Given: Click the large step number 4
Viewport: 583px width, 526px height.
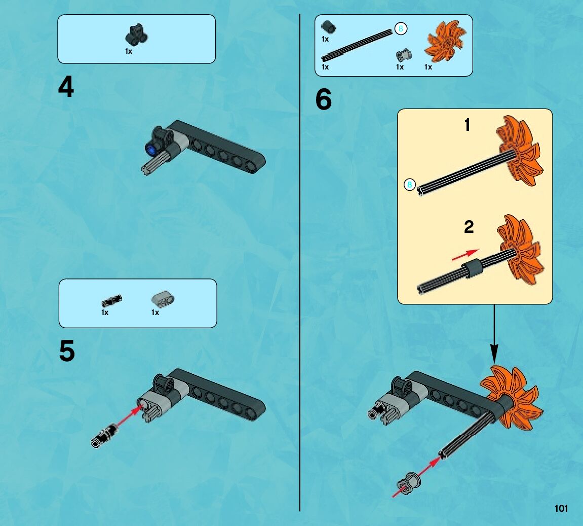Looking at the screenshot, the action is [x=66, y=87].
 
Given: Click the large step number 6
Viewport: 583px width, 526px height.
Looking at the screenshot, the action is [x=324, y=99].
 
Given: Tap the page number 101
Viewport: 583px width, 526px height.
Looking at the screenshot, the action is [x=561, y=508].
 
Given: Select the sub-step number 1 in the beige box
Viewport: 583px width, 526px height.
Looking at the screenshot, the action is [x=468, y=125].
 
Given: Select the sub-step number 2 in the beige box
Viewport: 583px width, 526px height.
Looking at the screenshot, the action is [x=469, y=227].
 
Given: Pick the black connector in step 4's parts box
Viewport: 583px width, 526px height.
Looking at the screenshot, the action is [x=136, y=34].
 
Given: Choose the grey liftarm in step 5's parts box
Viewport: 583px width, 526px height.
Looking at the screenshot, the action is [x=163, y=299].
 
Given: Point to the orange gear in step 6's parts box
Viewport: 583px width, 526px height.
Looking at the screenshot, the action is [x=445, y=41].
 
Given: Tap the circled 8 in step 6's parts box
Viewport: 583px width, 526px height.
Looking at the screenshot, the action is [x=401, y=28].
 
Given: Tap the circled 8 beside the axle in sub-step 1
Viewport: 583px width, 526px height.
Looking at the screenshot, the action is [x=409, y=184].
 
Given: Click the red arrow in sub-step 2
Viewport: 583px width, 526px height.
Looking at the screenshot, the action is [x=465, y=255].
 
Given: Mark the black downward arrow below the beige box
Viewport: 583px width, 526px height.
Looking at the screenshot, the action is [x=494, y=334].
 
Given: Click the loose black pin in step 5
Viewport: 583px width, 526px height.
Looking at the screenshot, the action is [x=105, y=436].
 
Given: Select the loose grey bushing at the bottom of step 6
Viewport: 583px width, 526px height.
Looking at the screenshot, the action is [x=408, y=483].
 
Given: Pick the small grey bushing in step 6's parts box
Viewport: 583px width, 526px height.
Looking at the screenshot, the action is [x=403, y=55].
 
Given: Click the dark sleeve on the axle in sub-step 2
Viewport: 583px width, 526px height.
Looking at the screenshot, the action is [x=472, y=268].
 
